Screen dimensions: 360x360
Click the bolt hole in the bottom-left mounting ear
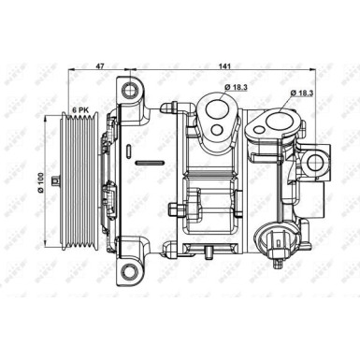click(128, 272)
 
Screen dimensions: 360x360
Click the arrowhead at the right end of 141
click(329, 72)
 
